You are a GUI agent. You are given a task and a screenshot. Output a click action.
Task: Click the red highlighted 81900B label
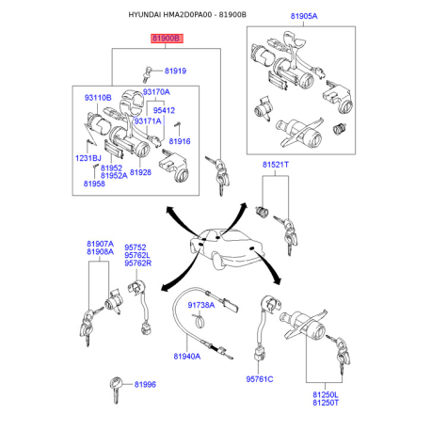(167, 39)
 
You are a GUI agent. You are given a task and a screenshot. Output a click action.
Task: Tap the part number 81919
(175, 71)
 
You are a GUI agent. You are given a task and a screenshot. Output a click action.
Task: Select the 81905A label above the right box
(304, 16)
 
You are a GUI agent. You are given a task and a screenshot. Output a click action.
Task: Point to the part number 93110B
(98, 98)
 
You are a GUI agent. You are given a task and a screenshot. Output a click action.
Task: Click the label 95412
(164, 110)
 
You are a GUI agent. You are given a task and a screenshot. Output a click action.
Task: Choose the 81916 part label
(180, 141)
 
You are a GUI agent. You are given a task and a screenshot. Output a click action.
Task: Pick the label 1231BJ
(88, 158)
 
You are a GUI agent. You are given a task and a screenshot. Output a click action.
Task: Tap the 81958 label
(94, 184)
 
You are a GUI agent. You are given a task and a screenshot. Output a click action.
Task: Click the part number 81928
(140, 172)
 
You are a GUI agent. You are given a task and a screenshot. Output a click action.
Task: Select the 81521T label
(276, 165)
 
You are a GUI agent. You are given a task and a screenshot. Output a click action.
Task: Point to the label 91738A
(201, 305)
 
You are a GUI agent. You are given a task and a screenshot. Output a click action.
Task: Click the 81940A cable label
(186, 357)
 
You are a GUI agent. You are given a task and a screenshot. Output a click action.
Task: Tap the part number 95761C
(260, 379)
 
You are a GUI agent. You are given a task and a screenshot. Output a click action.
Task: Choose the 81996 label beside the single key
(145, 385)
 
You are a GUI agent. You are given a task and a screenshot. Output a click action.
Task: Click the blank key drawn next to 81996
(116, 390)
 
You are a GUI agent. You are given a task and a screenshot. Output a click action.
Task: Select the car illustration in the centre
(225, 248)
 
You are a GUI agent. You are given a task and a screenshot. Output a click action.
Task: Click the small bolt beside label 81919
(147, 74)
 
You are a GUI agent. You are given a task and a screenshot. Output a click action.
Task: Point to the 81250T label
(326, 403)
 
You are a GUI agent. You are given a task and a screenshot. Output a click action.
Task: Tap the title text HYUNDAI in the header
(145, 15)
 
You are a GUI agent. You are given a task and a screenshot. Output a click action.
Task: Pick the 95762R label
(137, 263)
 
